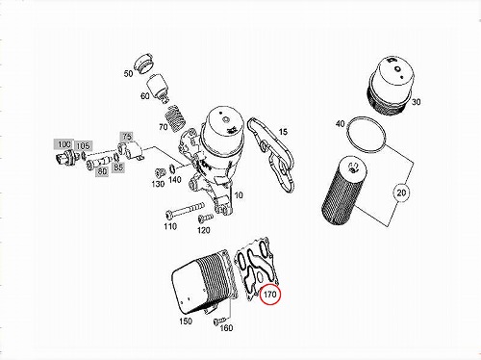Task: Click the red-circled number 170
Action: (x=270, y=294)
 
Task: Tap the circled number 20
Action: (x=401, y=193)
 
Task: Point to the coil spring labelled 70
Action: (x=174, y=118)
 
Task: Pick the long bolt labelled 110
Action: (x=185, y=210)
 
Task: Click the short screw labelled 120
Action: (x=205, y=219)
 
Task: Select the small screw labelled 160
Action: (x=220, y=320)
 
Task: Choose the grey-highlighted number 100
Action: (x=63, y=144)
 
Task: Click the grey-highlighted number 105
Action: (x=83, y=146)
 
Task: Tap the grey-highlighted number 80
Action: (x=102, y=171)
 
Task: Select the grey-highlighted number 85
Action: (x=118, y=167)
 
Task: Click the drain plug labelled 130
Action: (x=159, y=172)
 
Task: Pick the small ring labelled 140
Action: (x=171, y=167)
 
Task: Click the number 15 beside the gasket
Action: (x=283, y=132)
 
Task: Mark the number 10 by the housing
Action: (x=239, y=195)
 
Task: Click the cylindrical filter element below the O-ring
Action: (x=343, y=192)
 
